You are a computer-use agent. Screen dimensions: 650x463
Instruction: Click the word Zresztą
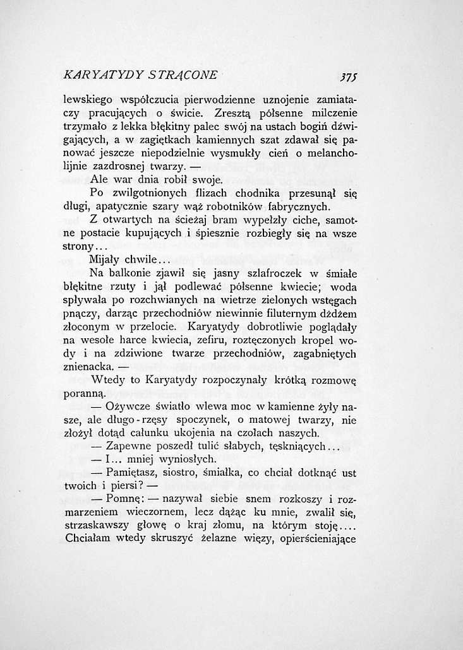point(235,114)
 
